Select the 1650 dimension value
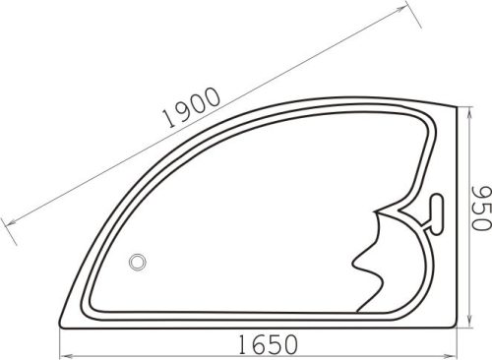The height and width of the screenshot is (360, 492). pos(267,344)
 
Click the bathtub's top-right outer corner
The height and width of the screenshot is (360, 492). pos(459,106)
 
